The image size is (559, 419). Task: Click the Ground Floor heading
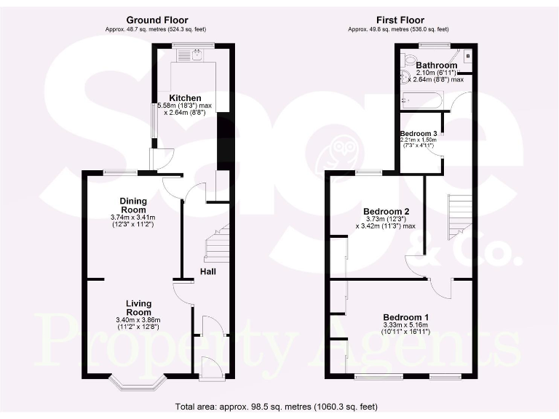click(156, 20)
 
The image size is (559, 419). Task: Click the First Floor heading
click(400, 20)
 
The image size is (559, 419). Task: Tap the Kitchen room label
click(186, 98)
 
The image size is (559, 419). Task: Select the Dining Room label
click(133, 205)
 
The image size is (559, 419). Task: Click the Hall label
click(207, 271)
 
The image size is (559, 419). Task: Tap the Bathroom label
click(437, 65)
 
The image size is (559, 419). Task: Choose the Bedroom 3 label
click(419, 134)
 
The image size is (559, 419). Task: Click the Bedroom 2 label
click(384, 212)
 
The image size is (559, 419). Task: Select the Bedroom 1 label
click(405, 318)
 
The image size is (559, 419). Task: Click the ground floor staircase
click(217, 244)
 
